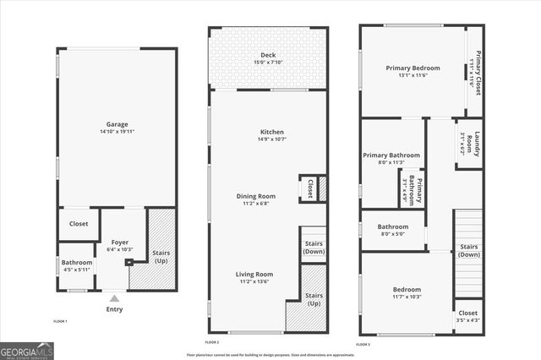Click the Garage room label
pyautogui.click(x=117, y=123)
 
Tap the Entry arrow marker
pyautogui.click(x=114, y=298)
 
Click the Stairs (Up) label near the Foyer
pyautogui.click(x=160, y=256)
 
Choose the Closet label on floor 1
pyautogui.click(x=78, y=224)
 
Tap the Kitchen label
pyautogui.click(x=271, y=132)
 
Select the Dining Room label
pyautogui.click(x=255, y=196)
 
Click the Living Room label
pyautogui.click(x=254, y=274)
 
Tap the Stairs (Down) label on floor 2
pyautogui.click(x=313, y=247)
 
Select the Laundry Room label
pyautogui.click(x=476, y=144)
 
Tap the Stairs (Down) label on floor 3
pyautogui.click(x=468, y=250)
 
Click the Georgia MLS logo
pyautogui.click(x=26, y=351)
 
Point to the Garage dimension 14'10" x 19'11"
pyautogui.click(x=117, y=132)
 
